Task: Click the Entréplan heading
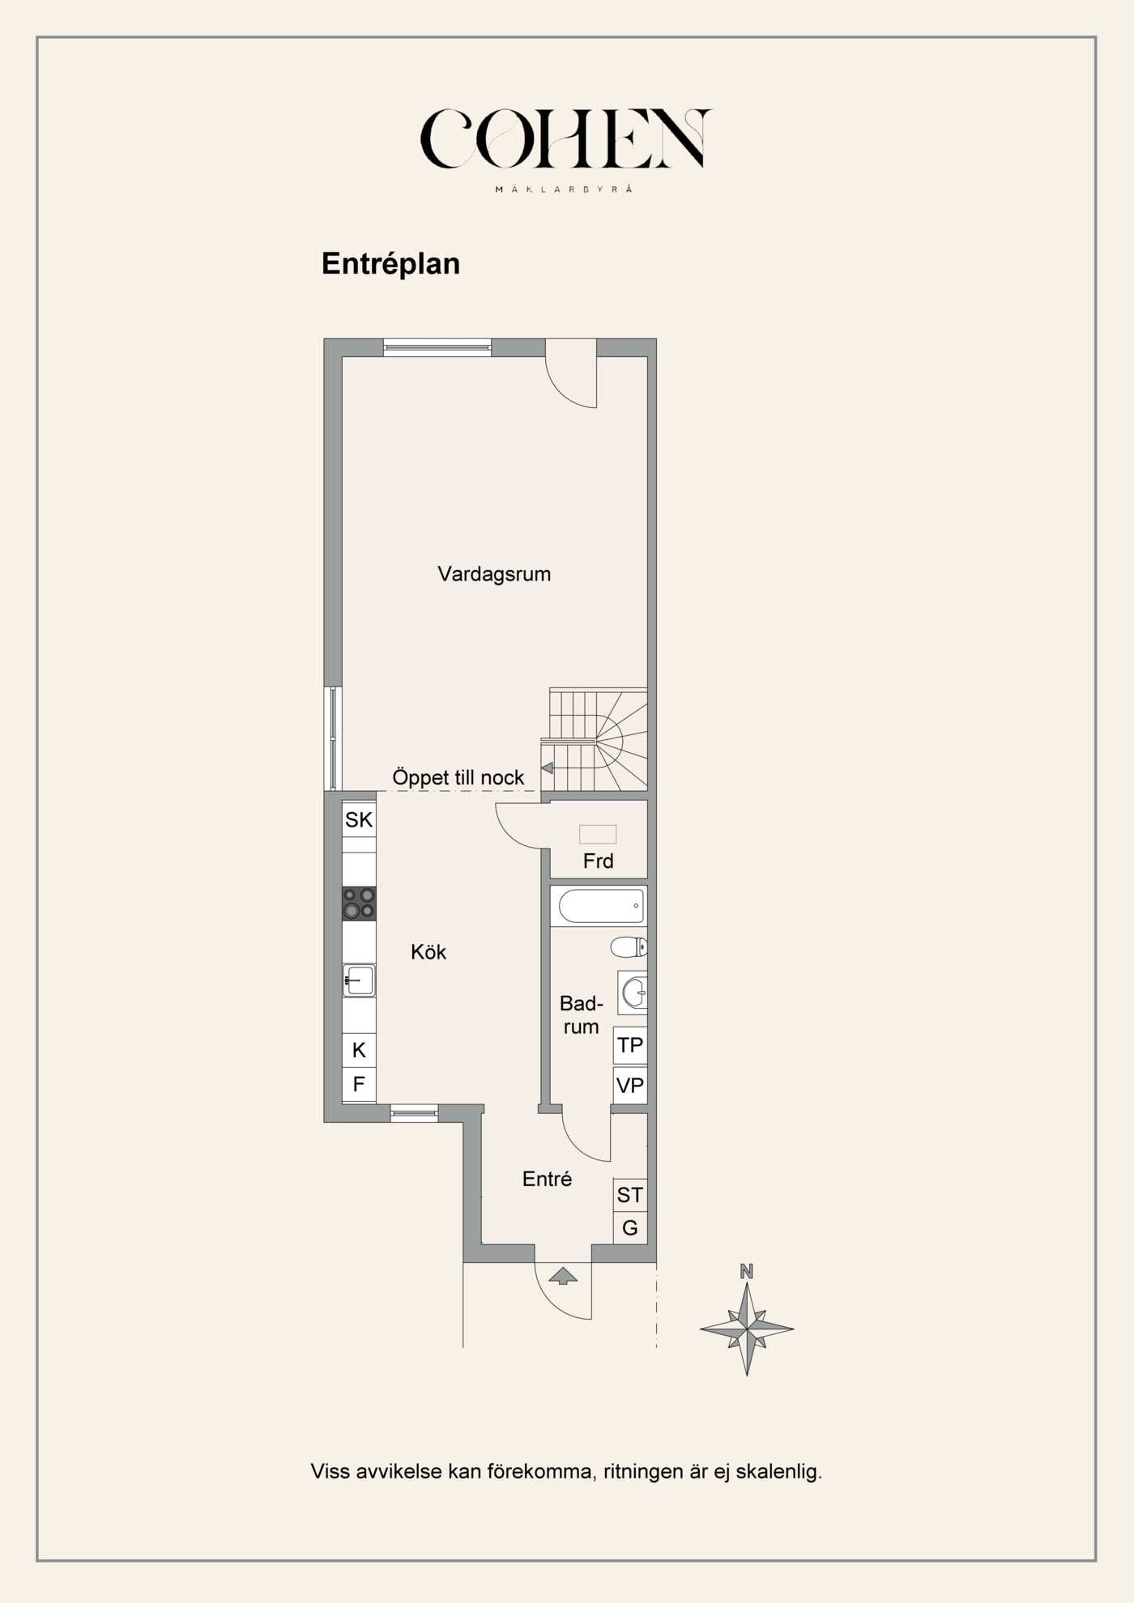pyautogui.click(x=390, y=264)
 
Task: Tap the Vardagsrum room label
pyautogui.click(x=494, y=574)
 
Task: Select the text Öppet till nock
pyautogui.click(x=458, y=777)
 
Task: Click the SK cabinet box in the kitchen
pyautogui.click(x=359, y=819)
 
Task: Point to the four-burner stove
pyautogui.click(x=359, y=904)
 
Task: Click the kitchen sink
pyautogui.click(x=359, y=980)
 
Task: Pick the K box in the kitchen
pyautogui.click(x=359, y=1050)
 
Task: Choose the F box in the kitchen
pyautogui.click(x=359, y=1083)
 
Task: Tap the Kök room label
pyautogui.click(x=428, y=952)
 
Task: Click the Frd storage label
pyautogui.click(x=599, y=861)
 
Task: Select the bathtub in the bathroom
pyautogui.click(x=601, y=907)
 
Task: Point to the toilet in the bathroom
pyautogui.click(x=629, y=946)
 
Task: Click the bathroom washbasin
pyautogui.click(x=633, y=993)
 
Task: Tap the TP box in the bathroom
pyautogui.click(x=630, y=1045)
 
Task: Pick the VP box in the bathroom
pyautogui.click(x=630, y=1086)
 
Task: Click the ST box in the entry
pyautogui.click(x=630, y=1195)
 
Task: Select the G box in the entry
pyautogui.click(x=630, y=1228)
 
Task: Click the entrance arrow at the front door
pyautogui.click(x=563, y=1277)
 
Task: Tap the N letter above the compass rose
pyautogui.click(x=747, y=1272)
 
